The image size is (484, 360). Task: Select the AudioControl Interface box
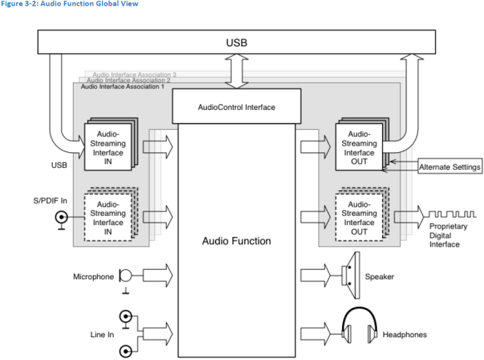tap(236, 107)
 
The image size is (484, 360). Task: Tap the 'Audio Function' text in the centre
tap(236, 241)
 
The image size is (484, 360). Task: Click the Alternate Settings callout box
tap(449, 167)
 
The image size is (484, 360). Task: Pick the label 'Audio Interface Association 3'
tap(134, 74)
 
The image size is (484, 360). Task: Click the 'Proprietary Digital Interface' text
tap(445, 235)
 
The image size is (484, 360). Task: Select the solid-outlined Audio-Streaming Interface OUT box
tap(359, 147)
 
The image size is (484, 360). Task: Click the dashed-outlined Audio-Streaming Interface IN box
tap(107, 213)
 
